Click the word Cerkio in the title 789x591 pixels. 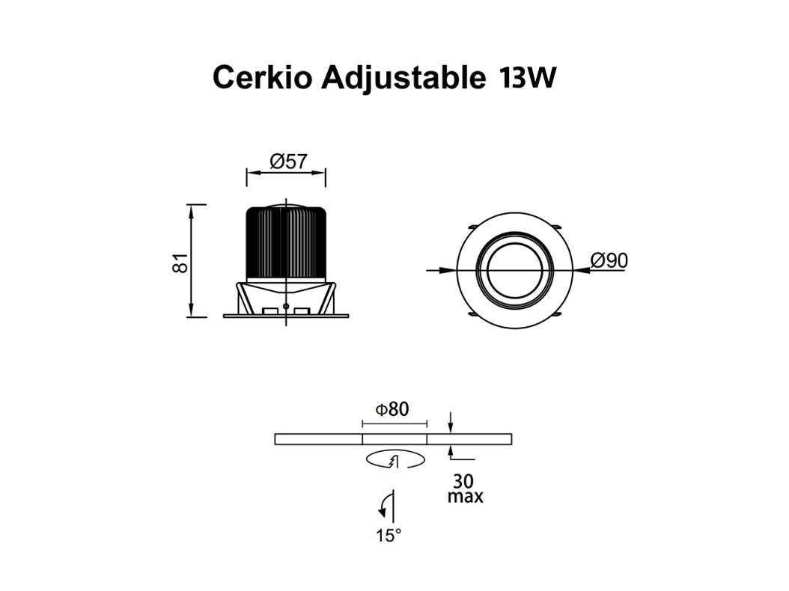tap(262, 78)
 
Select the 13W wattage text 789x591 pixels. tap(527, 78)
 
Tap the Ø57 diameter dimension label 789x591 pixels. tap(288, 161)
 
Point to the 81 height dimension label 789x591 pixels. tap(180, 263)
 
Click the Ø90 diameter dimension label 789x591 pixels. tap(609, 260)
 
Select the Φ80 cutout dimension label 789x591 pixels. tap(392, 409)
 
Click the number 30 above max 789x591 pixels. tap(463, 481)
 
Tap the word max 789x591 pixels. tap(466, 497)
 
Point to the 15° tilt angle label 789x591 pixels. tap(389, 536)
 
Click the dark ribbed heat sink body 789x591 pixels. tap(286, 243)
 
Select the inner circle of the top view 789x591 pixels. tap(514, 271)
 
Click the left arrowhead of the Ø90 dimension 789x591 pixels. tap(446, 271)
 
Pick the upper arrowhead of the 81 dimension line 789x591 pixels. tap(190, 211)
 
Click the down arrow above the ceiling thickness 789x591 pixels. tap(451, 423)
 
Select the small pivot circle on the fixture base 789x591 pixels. tap(286, 306)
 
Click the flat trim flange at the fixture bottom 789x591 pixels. tap(286, 316)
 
